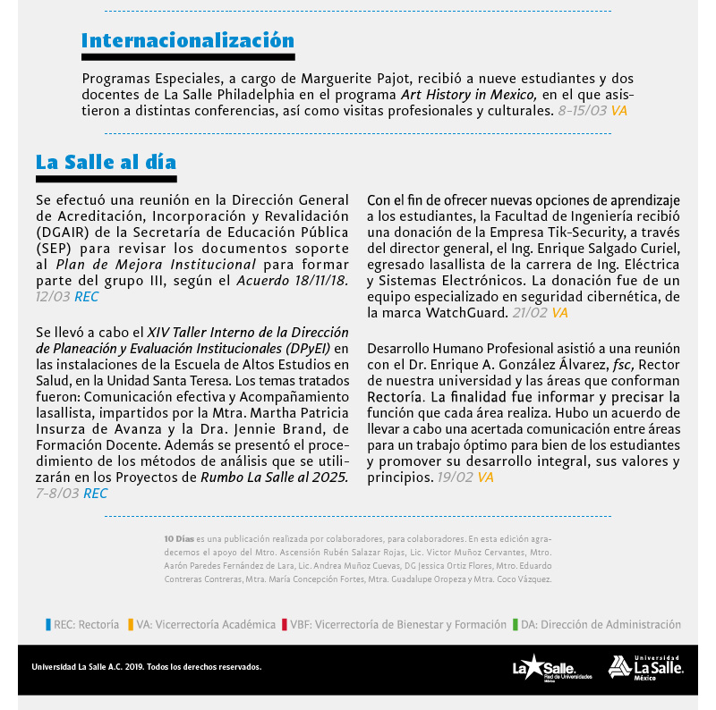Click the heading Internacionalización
tap(188, 40)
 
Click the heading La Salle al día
tap(106, 162)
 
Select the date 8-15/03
tap(582, 111)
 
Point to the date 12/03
tap(53, 296)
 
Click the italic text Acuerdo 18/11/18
tap(292, 280)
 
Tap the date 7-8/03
tap(57, 493)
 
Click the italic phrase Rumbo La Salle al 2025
tap(274, 477)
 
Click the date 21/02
tap(529, 313)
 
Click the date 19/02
tap(455, 478)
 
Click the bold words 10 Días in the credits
tap(178, 539)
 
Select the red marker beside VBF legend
tap(283, 625)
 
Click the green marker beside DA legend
tap(516, 625)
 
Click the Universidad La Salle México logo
tap(646, 667)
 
